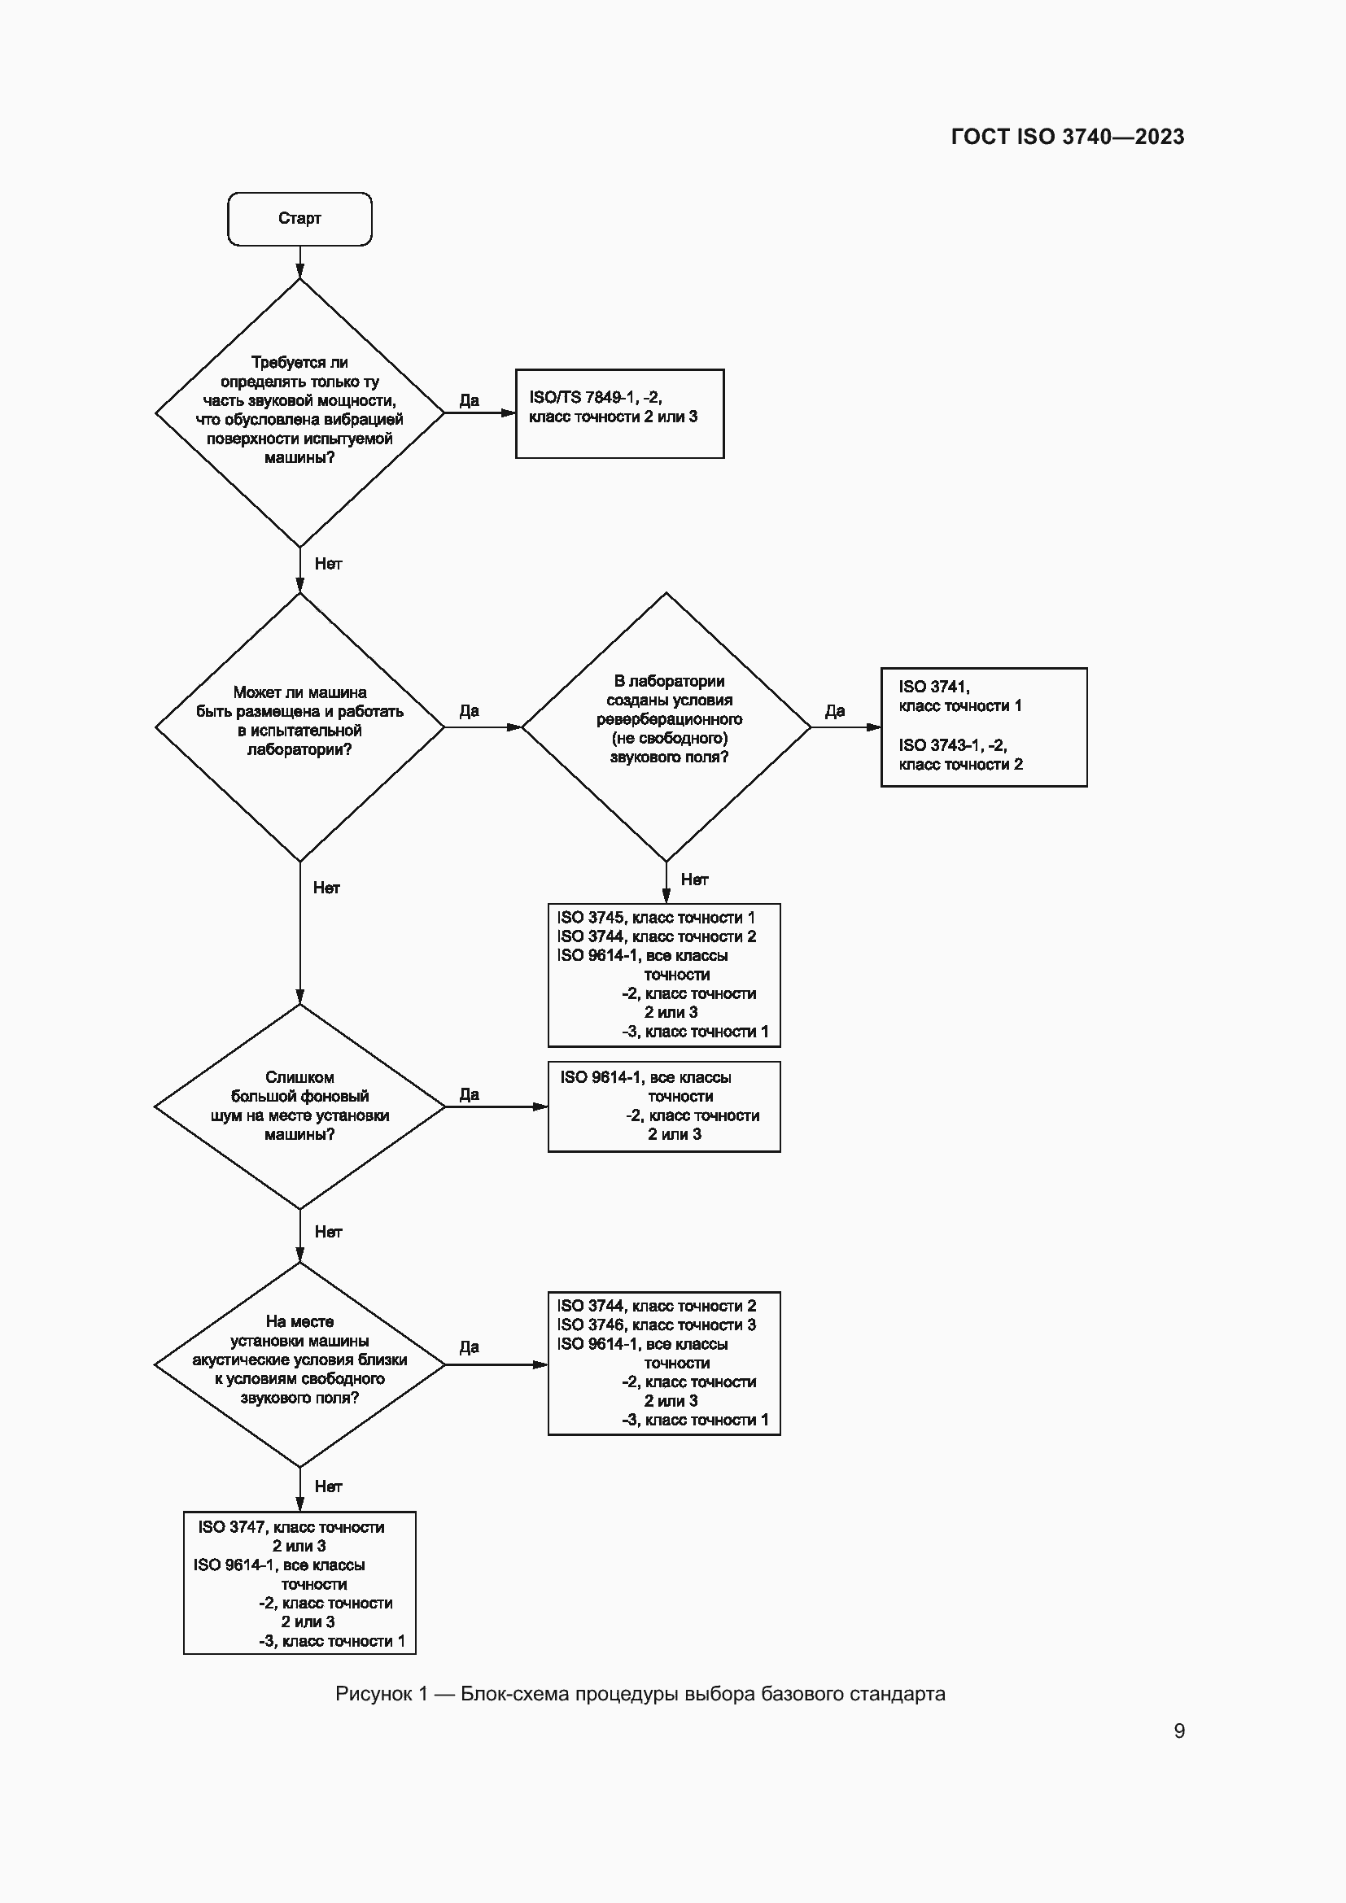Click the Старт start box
tap(299, 219)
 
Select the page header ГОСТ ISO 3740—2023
tap(1067, 137)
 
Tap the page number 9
tap(1178, 1731)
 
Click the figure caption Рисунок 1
tap(639, 1693)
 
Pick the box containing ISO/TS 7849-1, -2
tap(619, 413)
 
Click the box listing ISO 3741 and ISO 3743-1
tap(983, 726)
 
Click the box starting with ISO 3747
tap(299, 1583)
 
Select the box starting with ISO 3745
tap(664, 975)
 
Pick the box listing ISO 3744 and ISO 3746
tap(664, 1364)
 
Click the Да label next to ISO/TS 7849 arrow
tap(469, 400)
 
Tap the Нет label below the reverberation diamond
tap(694, 879)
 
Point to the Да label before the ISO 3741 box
tap(835, 711)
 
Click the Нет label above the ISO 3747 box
tap(328, 1487)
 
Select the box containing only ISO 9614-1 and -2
tap(664, 1106)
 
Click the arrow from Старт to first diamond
tap(300, 263)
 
